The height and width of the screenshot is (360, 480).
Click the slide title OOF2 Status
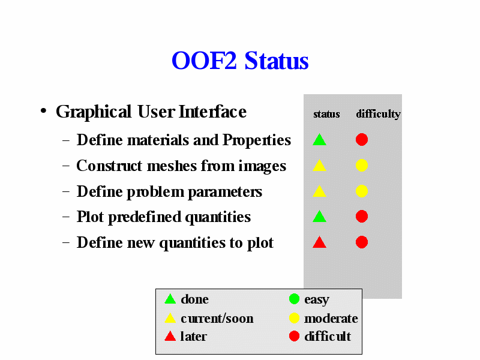240,61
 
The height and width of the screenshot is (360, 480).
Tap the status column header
326,114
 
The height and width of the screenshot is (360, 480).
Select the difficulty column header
379,114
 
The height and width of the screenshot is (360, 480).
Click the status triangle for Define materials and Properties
319,139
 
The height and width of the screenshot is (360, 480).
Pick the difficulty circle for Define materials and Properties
362,140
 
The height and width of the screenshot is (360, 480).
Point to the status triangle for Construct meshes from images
319,165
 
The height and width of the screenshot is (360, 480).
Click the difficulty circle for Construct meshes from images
362,166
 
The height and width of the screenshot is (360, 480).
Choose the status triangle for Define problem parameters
319,191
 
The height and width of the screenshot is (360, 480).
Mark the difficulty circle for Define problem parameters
362,191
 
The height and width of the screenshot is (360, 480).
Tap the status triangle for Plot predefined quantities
319,216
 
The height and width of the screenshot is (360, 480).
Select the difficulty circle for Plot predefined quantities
362,217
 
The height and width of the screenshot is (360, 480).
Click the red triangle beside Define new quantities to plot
319,242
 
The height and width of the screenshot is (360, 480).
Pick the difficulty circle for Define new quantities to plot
362,242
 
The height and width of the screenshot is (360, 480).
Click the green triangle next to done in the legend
170,299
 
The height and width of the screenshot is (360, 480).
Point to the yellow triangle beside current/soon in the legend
170,318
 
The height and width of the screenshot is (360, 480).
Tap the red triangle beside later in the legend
170,336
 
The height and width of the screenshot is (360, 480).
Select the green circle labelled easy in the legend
294,299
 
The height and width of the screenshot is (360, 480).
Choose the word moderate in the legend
331,319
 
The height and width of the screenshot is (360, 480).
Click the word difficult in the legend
328,336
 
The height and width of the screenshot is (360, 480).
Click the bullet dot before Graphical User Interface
43,111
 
